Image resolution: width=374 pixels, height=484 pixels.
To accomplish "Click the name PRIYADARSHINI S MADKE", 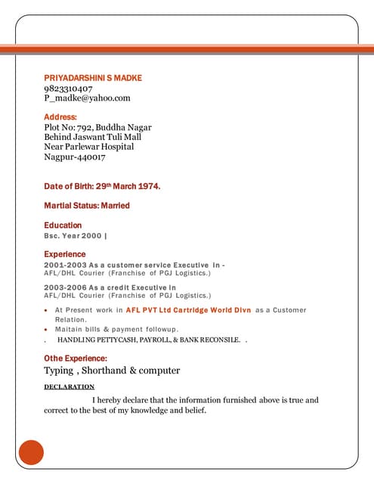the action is [93, 78].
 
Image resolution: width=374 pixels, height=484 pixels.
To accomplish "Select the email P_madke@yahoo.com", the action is [88, 98].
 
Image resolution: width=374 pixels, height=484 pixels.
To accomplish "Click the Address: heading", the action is [60, 117].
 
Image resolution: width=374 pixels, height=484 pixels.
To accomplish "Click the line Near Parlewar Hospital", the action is [89, 147].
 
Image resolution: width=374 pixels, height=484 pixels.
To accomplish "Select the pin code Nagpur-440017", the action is [75, 157].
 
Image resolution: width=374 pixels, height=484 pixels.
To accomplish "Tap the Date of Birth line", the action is [102, 185].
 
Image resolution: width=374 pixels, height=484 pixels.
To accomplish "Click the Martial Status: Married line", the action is [87, 205].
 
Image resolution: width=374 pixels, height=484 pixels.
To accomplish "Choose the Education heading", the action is [63, 225].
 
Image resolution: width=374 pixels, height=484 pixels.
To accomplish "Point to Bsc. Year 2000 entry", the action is [75, 236].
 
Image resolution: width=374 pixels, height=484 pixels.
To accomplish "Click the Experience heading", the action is [65, 254].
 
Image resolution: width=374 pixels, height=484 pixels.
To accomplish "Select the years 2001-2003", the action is [64, 266].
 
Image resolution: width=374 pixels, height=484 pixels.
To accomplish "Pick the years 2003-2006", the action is [64, 287].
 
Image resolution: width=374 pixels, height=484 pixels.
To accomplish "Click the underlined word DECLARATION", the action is [70, 386].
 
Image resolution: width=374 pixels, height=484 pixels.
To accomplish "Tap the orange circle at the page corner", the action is [31, 451].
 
